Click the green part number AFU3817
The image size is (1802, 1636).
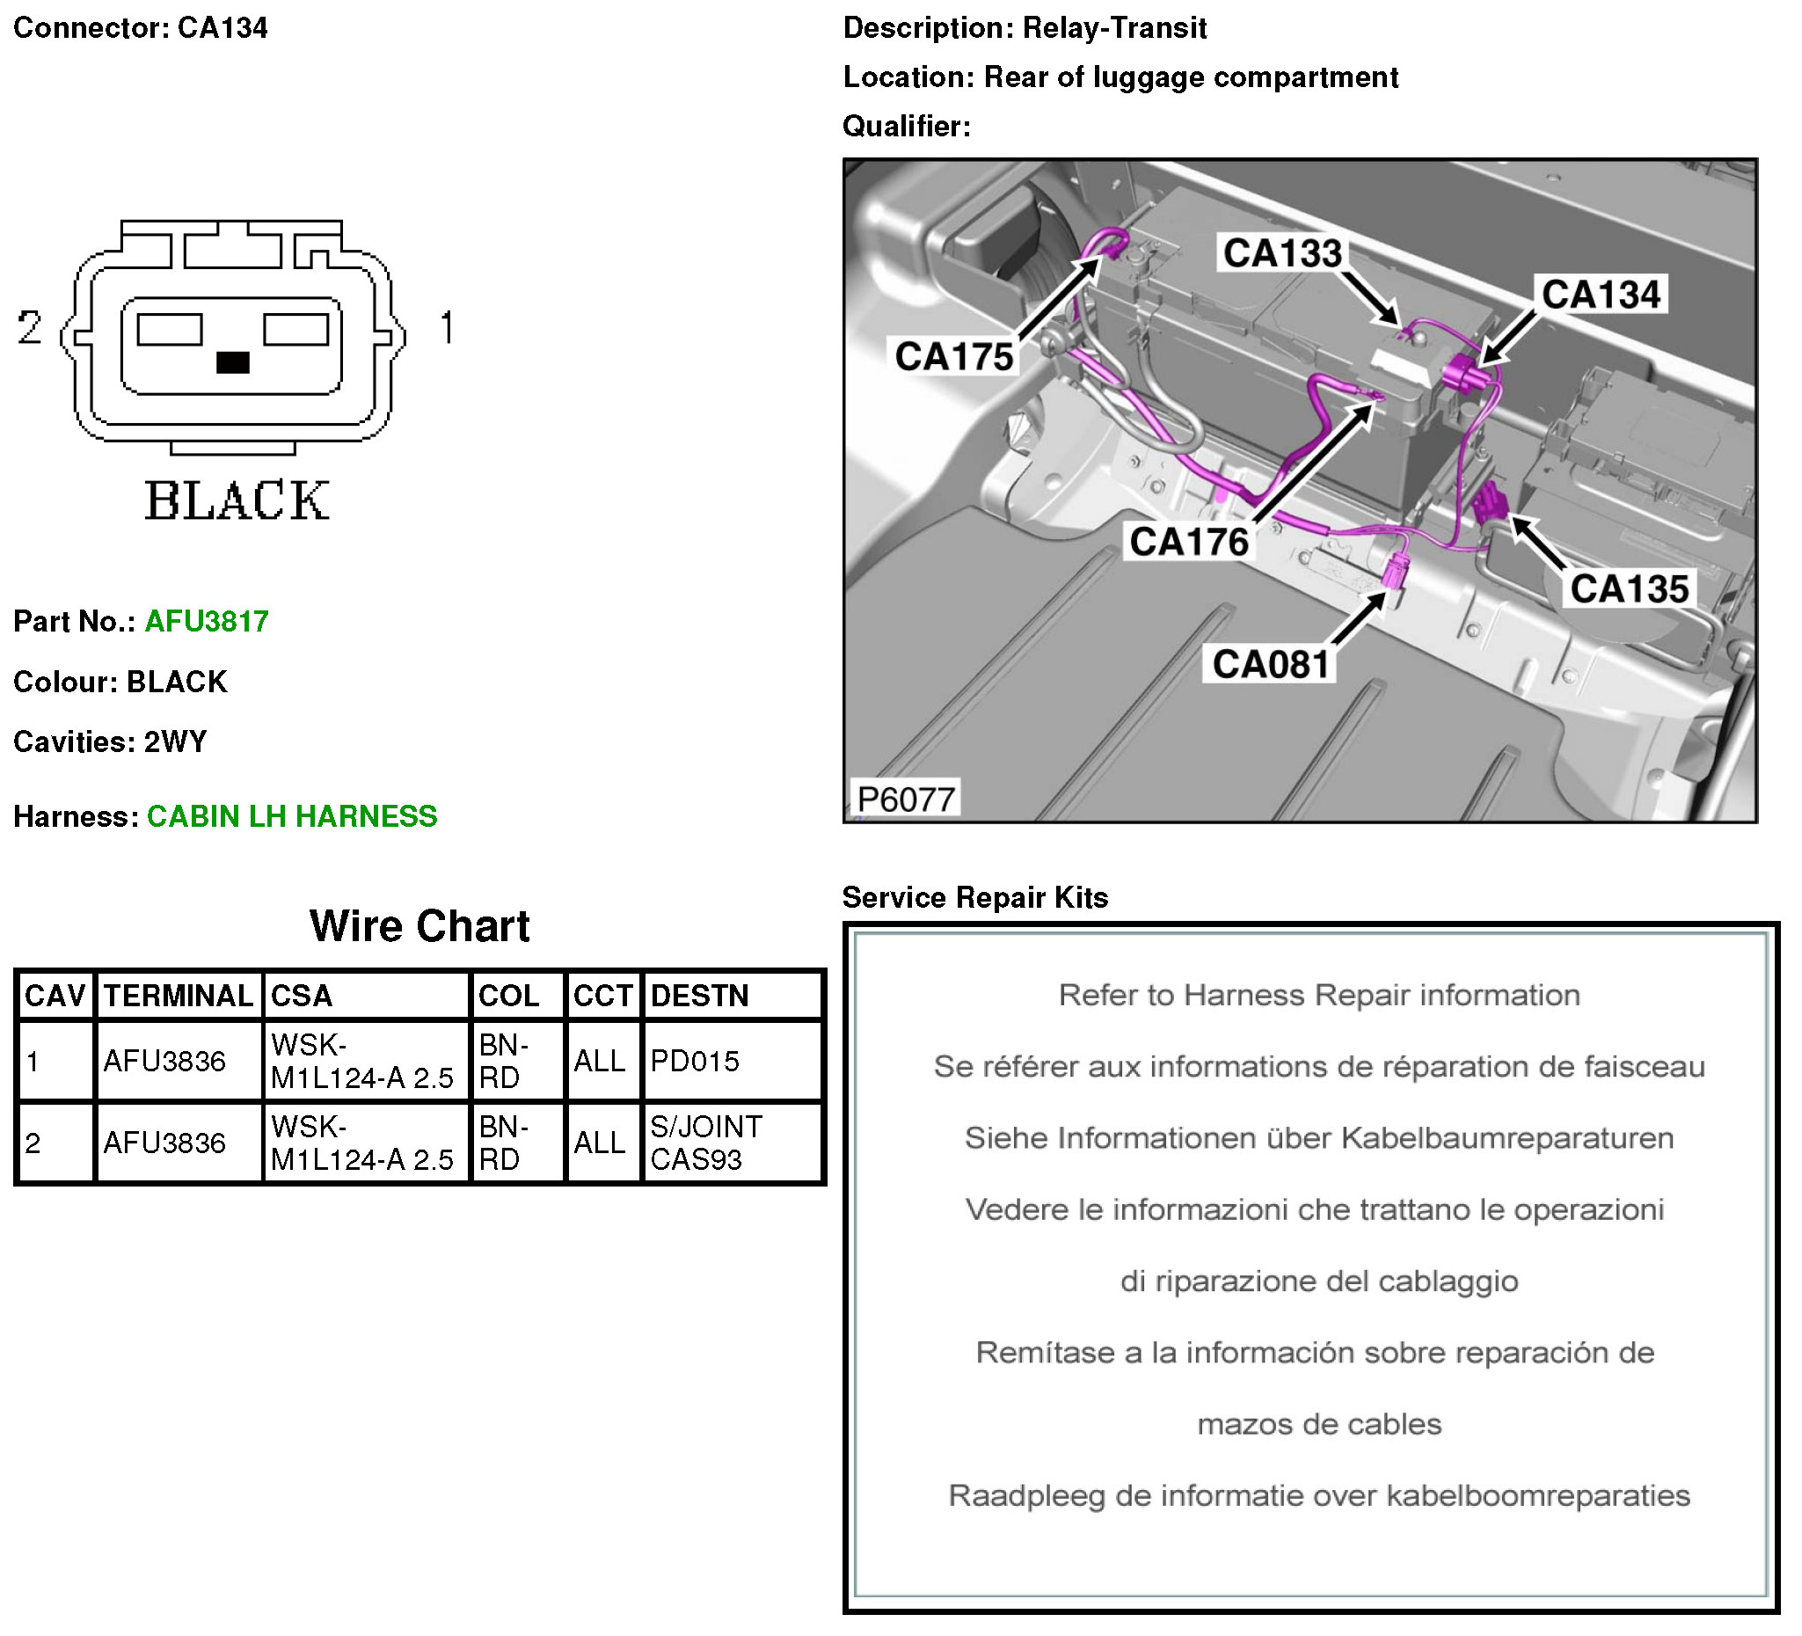(207, 621)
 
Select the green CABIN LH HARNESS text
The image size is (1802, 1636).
(291, 816)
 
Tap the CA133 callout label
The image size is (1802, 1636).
(1281, 253)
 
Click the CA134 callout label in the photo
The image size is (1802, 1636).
(1600, 294)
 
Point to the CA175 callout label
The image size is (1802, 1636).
(953, 357)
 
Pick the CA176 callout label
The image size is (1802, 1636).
(1188, 542)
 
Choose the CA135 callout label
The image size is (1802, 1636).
(1629, 589)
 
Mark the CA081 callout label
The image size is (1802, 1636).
(1270, 664)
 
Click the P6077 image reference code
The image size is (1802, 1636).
(906, 800)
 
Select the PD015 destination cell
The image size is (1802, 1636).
(695, 1061)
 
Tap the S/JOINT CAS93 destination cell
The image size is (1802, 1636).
(705, 1143)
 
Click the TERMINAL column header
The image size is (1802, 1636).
(178, 996)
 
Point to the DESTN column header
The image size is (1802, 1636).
(699, 996)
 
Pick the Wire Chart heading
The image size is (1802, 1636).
(419, 926)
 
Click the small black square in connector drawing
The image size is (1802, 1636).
(233, 362)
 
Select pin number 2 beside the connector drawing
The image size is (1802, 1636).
(30, 327)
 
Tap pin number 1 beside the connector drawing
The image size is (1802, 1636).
(447, 327)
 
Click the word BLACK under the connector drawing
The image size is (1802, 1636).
(237, 500)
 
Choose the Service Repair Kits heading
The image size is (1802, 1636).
(974, 897)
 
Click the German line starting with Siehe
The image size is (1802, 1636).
(1318, 1138)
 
